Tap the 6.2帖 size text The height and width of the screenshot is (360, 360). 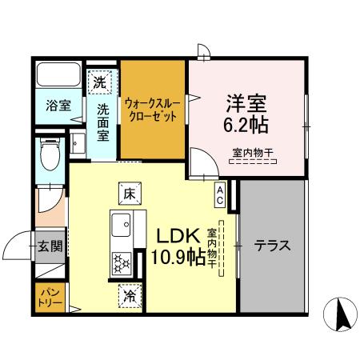click(x=246, y=126)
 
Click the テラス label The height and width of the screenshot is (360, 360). click(x=272, y=246)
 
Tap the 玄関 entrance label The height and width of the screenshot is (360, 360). click(x=48, y=246)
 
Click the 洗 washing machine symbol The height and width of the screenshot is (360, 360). click(x=100, y=81)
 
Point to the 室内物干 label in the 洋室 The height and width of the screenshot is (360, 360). click(x=250, y=152)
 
